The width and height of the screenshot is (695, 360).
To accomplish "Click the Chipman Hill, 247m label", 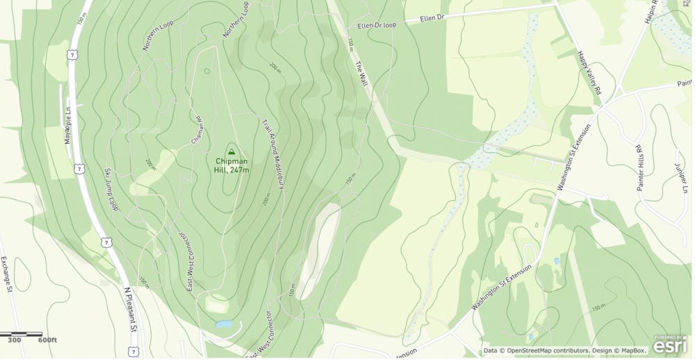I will (x=231, y=165).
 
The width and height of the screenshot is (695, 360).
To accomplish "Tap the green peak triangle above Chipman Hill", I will (x=231, y=150).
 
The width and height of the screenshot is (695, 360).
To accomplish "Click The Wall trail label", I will (x=360, y=74).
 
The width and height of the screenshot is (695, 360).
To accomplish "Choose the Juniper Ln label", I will (x=679, y=177).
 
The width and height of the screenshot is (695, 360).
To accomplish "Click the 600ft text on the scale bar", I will (x=47, y=340).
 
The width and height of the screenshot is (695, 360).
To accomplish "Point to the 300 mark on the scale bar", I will (x=15, y=340).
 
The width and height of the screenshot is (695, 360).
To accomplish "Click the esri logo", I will (x=671, y=345).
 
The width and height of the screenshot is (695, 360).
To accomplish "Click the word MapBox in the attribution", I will (x=630, y=351).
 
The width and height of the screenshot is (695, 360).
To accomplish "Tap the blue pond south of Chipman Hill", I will (x=224, y=325).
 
